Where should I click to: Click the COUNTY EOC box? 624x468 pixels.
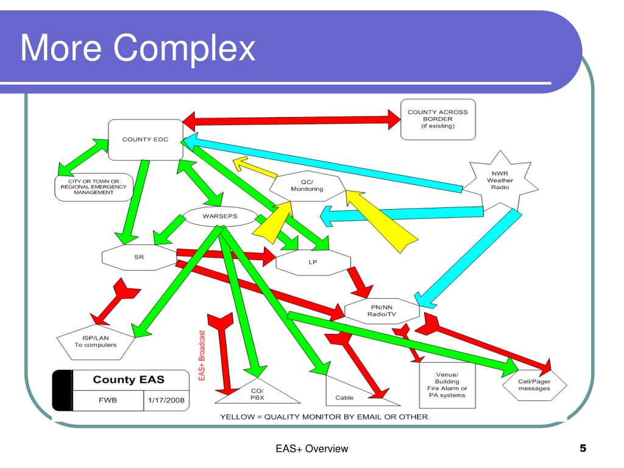pos(146,140)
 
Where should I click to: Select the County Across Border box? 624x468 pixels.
pos(438,119)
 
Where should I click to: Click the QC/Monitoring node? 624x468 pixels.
pos(307,186)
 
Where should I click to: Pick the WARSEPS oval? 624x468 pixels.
pos(219,216)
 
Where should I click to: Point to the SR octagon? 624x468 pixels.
pos(140,257)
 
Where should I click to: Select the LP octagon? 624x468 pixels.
pos(313,262)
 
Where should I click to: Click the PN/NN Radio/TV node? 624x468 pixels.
pos(381,311)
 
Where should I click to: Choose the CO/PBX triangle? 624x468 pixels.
pos(258,394)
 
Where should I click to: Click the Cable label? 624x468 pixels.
pos(344,397)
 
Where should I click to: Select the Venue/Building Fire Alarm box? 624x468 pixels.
pos(447,385)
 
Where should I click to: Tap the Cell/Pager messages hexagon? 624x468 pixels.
pos(534,385)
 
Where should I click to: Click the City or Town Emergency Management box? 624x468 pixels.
pos(94,187)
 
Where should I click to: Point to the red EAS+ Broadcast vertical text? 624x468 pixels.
pos(202,355)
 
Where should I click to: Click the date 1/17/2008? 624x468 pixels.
pos(166,400)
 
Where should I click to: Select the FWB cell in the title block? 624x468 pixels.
pos(108,400)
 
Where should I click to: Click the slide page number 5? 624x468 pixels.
pos(583,448)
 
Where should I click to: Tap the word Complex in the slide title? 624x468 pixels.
pos(184,49)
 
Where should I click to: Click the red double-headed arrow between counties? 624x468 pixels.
pos(292,120)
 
